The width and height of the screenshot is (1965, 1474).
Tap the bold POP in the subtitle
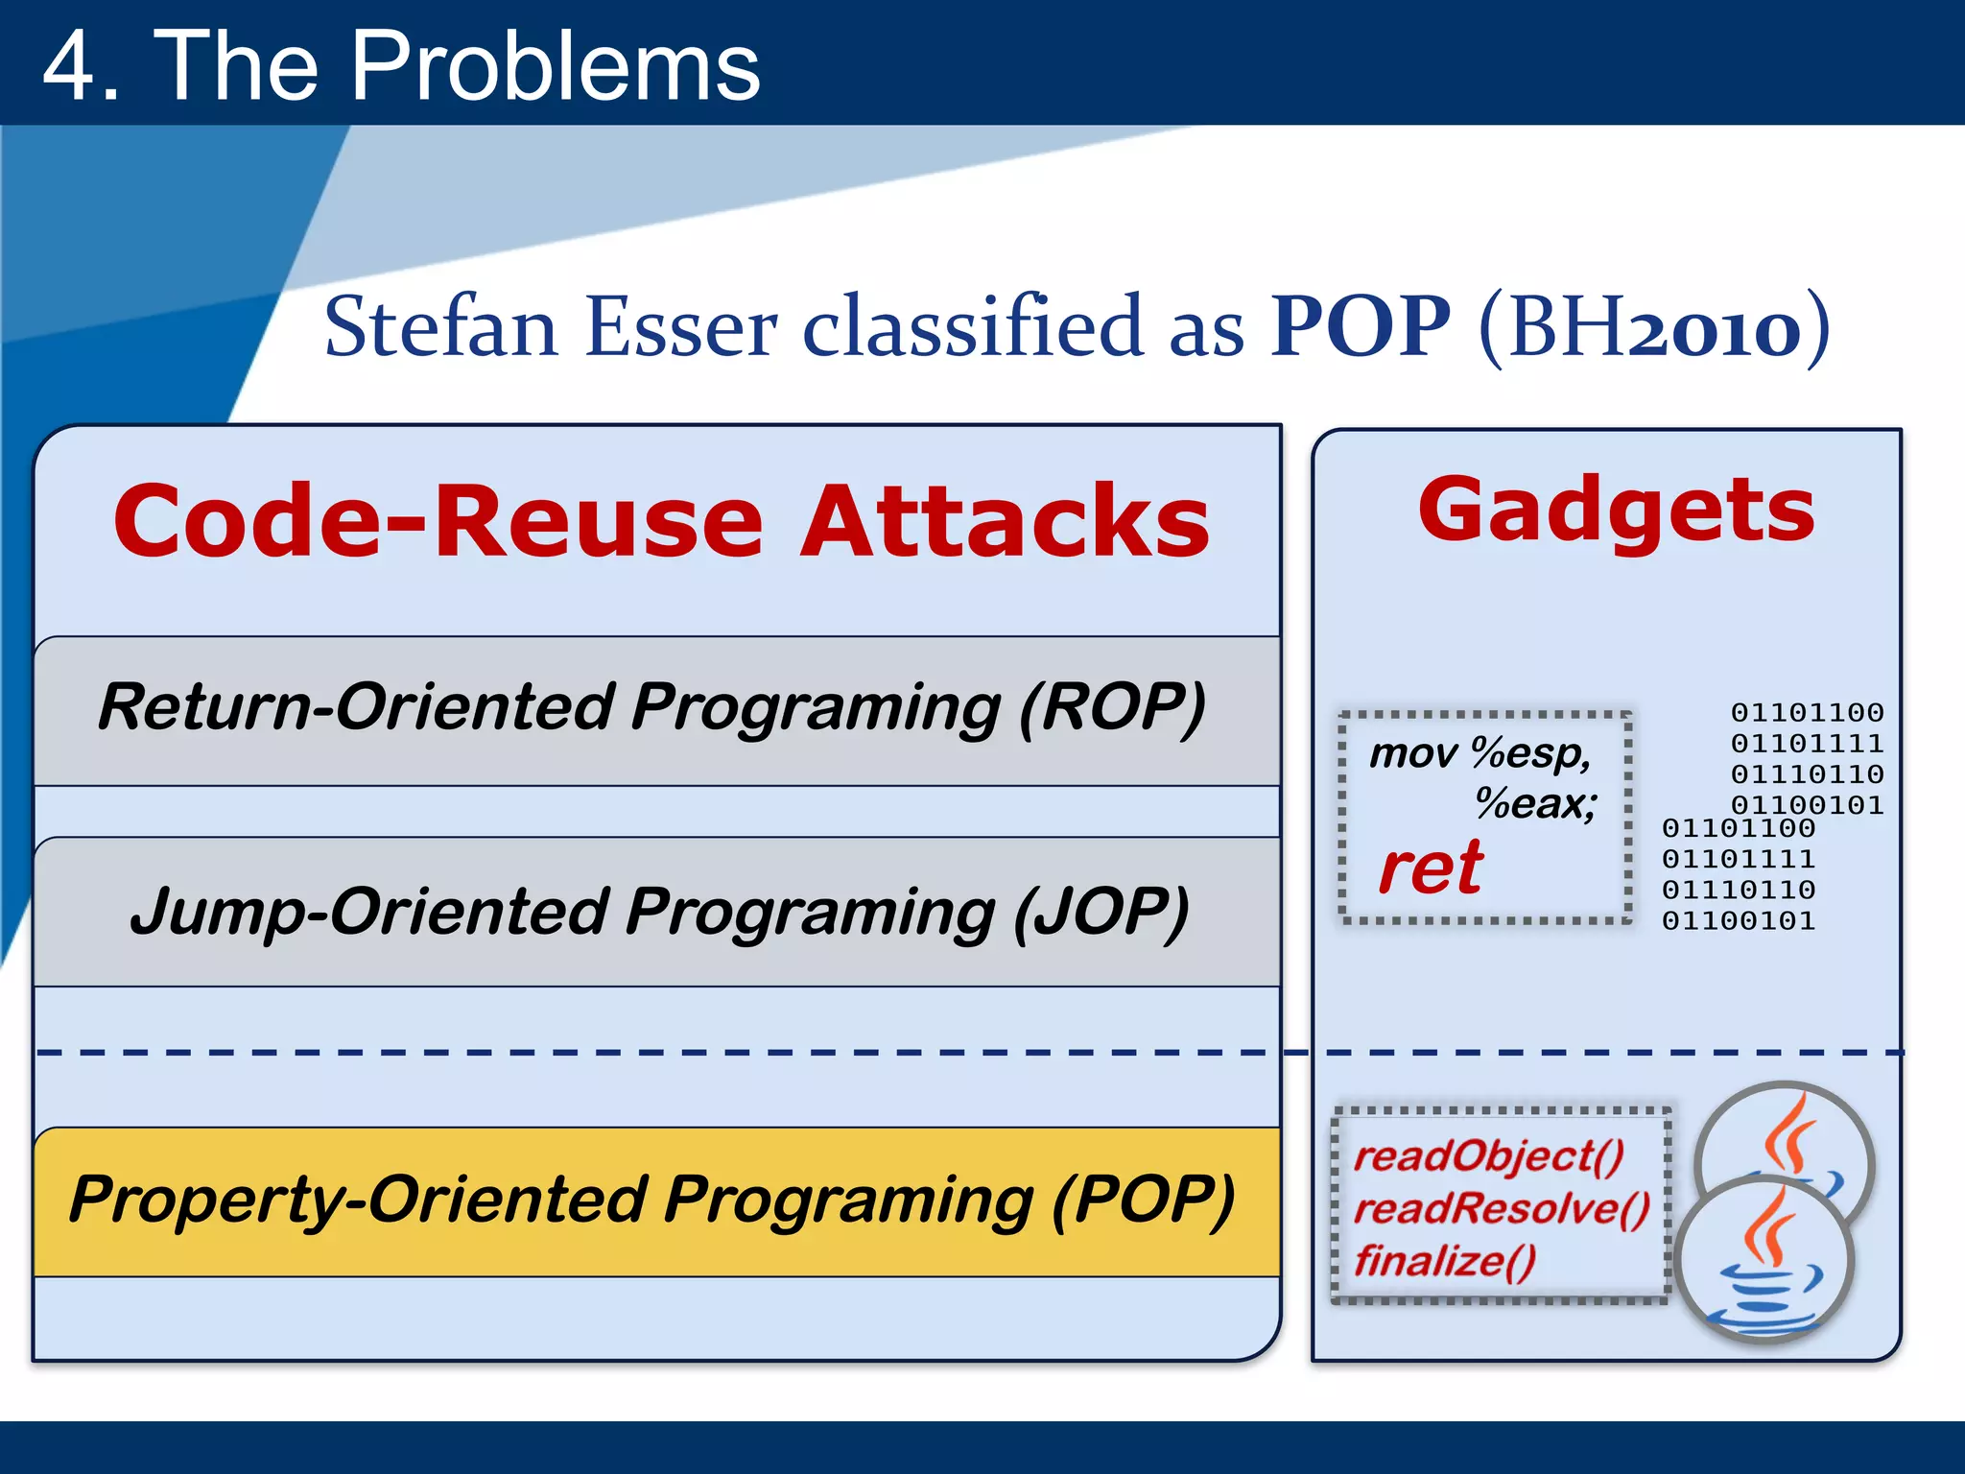(x=1360, y=327)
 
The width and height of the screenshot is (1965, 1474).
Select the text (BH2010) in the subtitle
(x=1654, y=327)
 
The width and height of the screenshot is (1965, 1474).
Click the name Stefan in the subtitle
(x=440, y=327)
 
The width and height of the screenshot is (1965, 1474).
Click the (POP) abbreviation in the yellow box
(x=1142, y=1200)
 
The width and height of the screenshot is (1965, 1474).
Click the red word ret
(x=1431, y=868)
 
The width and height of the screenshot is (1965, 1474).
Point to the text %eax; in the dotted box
(x=1535, y=803)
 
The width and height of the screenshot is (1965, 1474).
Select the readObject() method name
(x=1488, y=1156)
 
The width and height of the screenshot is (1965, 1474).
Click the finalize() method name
(x=1445, y=1261)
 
